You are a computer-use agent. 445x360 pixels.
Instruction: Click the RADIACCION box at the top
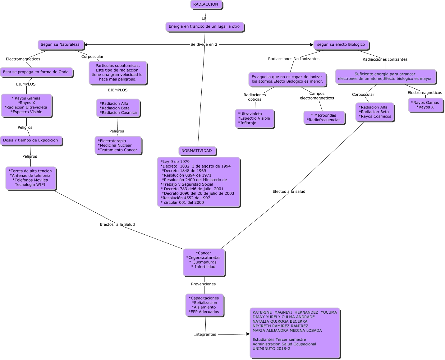point(206,5)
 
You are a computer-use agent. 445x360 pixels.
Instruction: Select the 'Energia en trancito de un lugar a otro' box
point(204,27)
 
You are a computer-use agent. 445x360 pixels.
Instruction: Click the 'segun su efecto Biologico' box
point(341,45)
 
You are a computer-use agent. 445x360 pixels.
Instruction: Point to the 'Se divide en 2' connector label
point(204,44)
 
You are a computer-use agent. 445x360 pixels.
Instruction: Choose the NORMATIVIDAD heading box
point(197,151)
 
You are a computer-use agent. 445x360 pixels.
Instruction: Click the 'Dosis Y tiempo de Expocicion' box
point(30,141)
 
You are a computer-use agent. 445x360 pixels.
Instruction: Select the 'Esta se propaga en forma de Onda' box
point(36,72)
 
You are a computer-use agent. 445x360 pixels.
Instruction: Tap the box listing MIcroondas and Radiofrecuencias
point(323,118)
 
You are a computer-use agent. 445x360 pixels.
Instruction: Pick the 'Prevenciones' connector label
point(203,284)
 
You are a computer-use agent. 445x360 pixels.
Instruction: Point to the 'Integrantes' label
point(205,335)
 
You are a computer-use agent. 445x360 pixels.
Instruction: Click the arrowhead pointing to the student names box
point(248,334)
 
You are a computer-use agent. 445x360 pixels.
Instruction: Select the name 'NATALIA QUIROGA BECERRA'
point(280,321)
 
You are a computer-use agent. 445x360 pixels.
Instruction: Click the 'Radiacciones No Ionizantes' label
point(294,59)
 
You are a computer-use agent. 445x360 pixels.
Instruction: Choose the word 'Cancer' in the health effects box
point(204,253)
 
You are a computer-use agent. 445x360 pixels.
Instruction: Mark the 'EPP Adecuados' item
point(204,312)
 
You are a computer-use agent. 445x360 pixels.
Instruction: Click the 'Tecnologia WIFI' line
point(30,185)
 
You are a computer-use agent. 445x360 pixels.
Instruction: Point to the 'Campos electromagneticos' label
point(317,96)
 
